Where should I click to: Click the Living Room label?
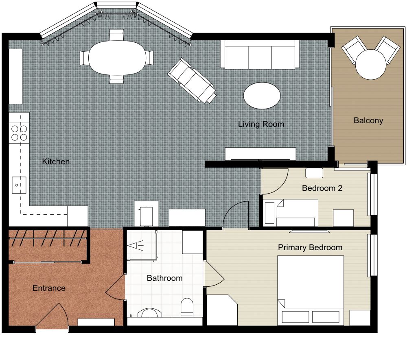[x=261, y=124]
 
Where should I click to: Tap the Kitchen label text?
[x=56, y=161]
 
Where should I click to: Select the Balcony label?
[x=368, y=120]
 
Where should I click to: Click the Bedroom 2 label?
[x=322, y=188]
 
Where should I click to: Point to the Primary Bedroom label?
[x=310, y=247]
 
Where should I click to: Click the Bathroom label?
[x=164, y=278]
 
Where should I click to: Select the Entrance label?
[x=49, y=288]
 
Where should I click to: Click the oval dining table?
[x=117, y=58]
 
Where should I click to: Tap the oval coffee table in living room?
[x=262, y=96]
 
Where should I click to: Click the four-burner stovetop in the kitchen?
[x=19, y=133]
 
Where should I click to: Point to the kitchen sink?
[x=18, y=185]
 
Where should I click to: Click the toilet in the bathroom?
[x=187, y=307]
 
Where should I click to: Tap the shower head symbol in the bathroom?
[x=134, y=245]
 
